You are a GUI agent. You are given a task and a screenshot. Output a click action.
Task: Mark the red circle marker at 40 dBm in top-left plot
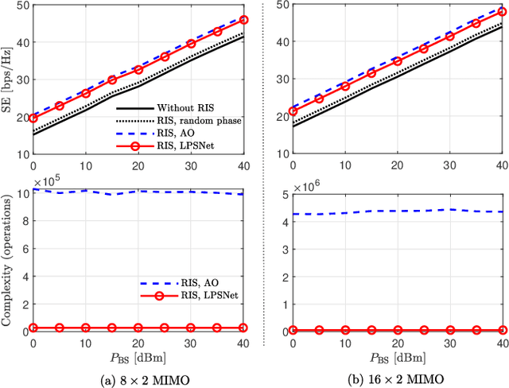(243, 20)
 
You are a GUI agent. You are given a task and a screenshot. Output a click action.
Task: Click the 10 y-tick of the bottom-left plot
(20, 192)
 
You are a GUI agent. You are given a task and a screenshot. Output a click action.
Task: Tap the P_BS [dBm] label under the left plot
(138, 357)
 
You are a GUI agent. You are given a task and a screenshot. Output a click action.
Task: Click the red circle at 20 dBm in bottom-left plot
(138, 328)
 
